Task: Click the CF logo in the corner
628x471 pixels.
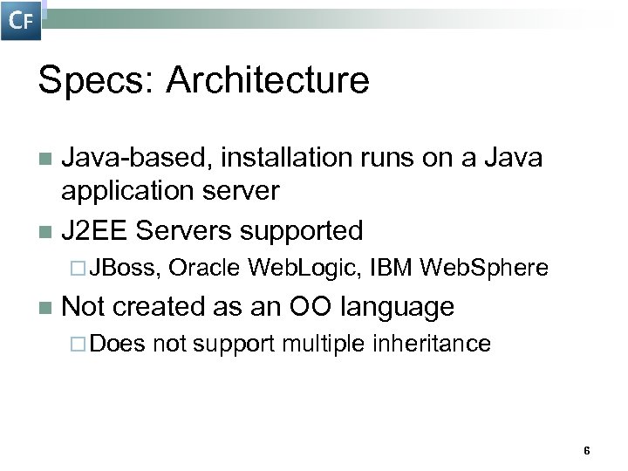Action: (21, 20)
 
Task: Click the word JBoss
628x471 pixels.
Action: (126, 269)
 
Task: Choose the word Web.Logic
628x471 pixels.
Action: (304, 269)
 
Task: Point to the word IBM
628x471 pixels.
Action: (391, 269)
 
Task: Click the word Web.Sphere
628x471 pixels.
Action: (484, 269)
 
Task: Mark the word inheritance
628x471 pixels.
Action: (433, 344)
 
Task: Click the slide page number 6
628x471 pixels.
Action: (586, 451)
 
